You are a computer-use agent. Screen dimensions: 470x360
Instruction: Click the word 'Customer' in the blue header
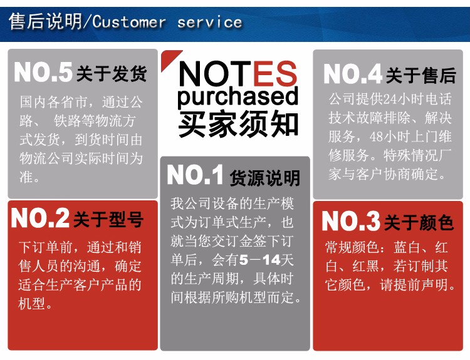[x=129, y=22]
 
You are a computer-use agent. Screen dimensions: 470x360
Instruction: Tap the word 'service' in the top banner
[x=209, y=22]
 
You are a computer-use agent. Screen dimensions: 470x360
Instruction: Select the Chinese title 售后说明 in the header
[x=45, y=21]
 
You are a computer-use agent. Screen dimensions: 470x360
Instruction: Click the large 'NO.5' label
[x=43, y=72]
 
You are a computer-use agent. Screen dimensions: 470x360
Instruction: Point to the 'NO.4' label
[x=353, y=74]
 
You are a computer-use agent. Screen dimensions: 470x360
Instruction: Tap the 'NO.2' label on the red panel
[x=40, y=218]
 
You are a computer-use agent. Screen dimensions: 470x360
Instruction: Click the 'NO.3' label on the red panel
[x=351, y=221]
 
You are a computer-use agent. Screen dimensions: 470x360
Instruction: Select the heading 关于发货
[x=112, y=73]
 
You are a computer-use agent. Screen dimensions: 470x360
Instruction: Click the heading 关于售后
[x=421, y=75]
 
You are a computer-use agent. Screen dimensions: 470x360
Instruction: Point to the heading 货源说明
[x=264, y=178]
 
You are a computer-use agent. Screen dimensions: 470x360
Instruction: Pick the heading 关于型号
[x=108, y=219]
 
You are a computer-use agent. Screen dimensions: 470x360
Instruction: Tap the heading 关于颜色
[x=419, y=222]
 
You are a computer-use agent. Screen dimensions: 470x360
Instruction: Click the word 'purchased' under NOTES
[x=238, y=97]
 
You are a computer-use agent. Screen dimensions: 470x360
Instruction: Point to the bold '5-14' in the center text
[x=259, y=260]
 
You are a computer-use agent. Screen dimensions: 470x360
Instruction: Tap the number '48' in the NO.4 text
[x=376, y=137]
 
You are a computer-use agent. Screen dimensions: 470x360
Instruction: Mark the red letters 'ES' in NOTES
[x=275, y=73]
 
